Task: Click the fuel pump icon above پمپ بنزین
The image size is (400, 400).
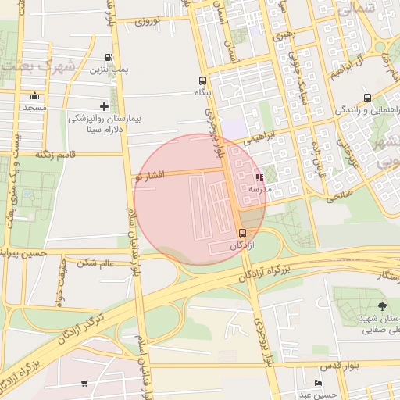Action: coord(108,58)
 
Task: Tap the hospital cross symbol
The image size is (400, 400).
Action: coord(104,106)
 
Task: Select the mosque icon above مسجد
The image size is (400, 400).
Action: coord(34,95)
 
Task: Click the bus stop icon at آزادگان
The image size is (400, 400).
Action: coord(242,233)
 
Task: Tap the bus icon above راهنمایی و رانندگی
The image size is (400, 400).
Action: coord(367,98)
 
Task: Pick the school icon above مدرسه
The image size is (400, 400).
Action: coord(259,178)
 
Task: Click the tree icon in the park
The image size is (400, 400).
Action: coord(381,306)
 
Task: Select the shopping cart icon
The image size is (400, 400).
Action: coord(84,384)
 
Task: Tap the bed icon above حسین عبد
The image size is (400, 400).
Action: coord(317,384)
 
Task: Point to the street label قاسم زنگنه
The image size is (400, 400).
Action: coord(54,155)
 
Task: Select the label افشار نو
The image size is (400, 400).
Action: coord(149,175)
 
